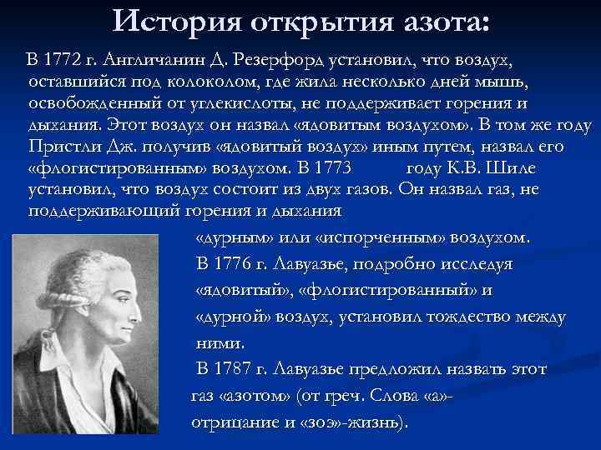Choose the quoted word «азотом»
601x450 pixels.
(x=245, y=395)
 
